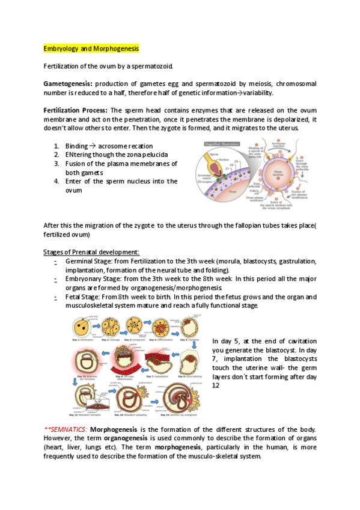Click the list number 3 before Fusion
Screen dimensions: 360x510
coord(56,164)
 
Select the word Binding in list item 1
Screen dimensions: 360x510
coord(76,146)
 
